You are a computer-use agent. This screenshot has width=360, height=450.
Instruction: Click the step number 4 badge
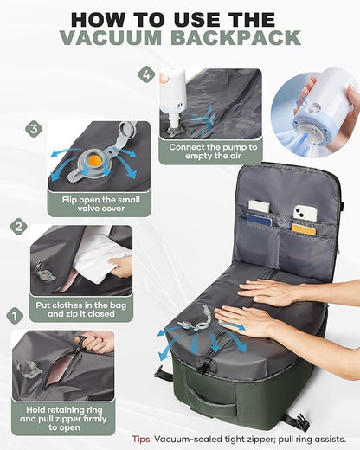(x=147, y=74)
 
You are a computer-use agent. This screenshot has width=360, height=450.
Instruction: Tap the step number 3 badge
(x=34, y=129)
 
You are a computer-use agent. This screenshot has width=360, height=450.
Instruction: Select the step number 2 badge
(x=18, y=228)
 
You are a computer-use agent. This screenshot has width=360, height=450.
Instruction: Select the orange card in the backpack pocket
(x=303, y=229)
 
